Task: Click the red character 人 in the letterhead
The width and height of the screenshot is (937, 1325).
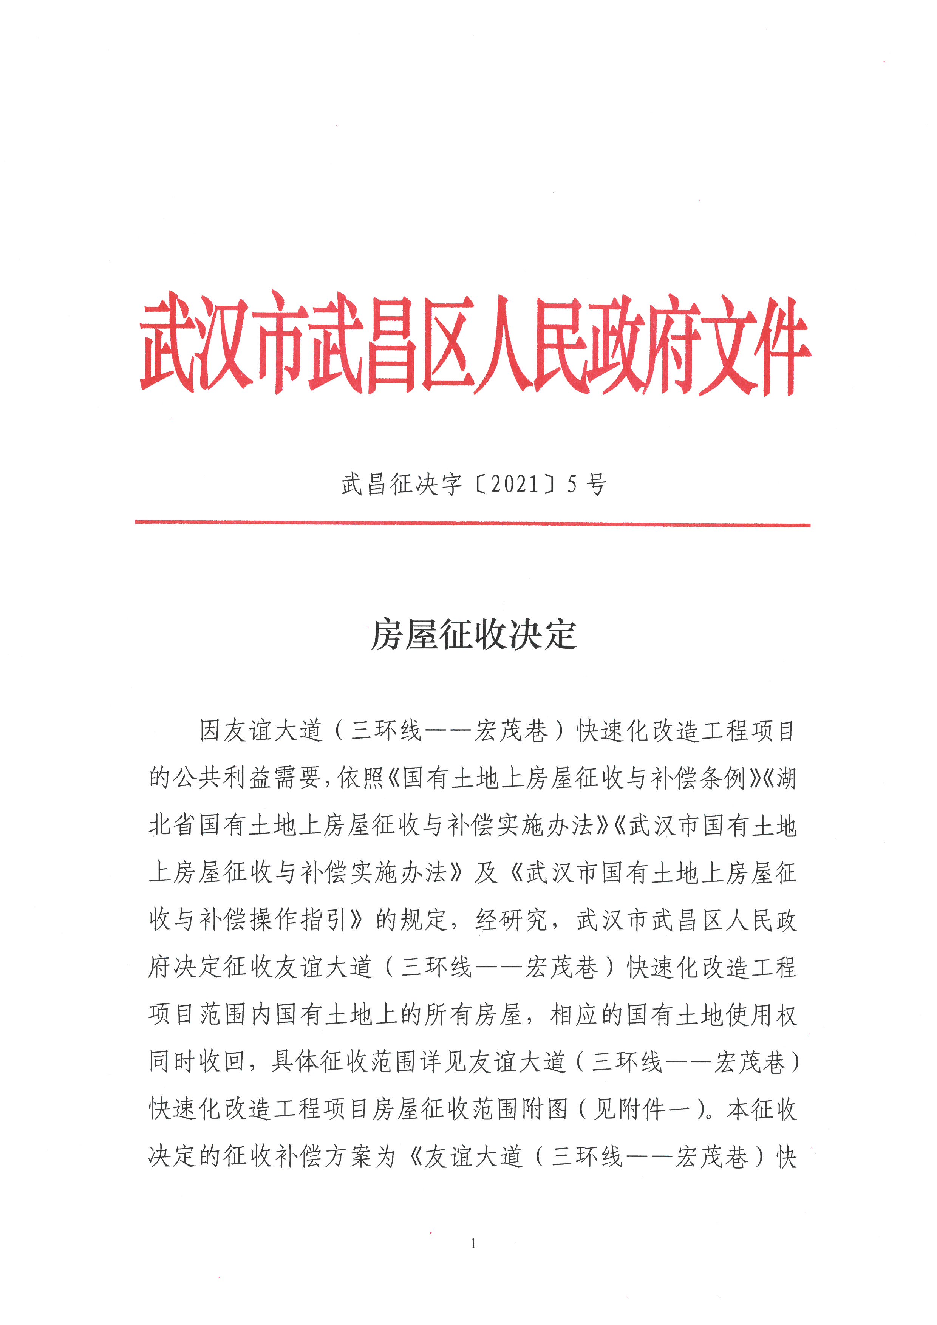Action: coord(501,345)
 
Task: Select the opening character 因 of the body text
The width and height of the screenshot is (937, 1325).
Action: coord(210,731)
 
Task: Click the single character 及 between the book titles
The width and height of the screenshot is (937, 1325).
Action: coord(486,872)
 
